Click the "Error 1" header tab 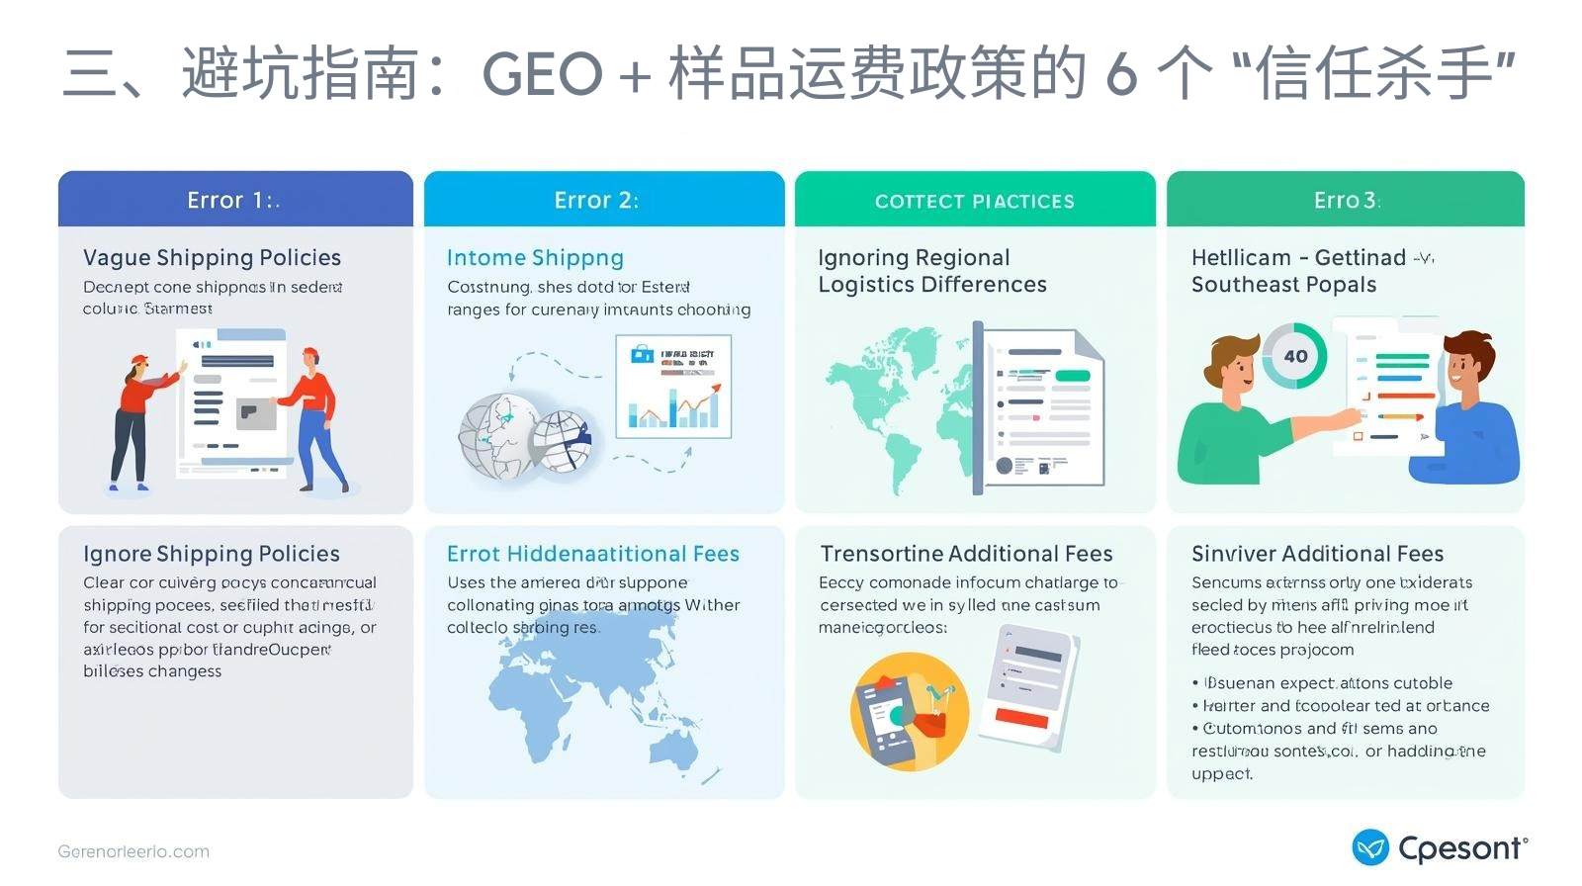(x=233, y=200)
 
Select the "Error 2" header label (x=596, y=200)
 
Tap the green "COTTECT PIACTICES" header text (x=974, y=202)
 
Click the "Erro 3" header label (x=1346, y=200)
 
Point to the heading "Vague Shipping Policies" (x=212, y=257)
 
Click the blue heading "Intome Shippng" (x=535, y=257)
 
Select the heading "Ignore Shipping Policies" (x=212, y=554)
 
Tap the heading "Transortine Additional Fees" (x=966, y=554)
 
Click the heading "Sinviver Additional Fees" (x=1317, y=554)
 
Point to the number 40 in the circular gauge (x=1295, y=356)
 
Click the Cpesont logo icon (x=1370, y=847)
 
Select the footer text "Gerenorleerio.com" (x=133, y=851)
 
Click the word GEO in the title (x=542, y=74)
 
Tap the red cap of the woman (x=139, y=360)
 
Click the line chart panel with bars (x=673, y=387)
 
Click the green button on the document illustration (x=1072, y=376)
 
